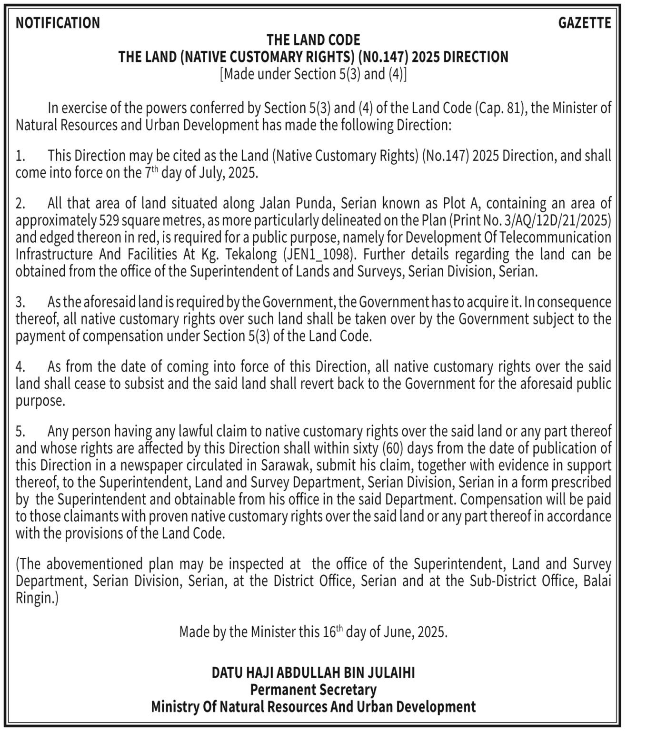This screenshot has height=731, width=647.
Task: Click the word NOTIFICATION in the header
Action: [x=58, y=23]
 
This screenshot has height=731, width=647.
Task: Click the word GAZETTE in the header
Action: [x=584, y=23]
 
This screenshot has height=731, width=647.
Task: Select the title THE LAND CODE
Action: [x=313, y=40]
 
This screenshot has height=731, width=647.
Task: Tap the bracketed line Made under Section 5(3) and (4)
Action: [x=313, y=74]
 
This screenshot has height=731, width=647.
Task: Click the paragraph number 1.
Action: [x=20, y=156]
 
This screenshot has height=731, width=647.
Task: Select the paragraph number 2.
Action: [x=20, y=204]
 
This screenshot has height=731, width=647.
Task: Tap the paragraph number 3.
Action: [x=20, y=302]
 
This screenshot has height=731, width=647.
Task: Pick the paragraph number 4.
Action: [x=20, y=367]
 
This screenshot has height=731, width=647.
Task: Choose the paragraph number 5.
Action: [x=20, y=432]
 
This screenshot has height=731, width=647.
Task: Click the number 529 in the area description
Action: [x=109, y=220]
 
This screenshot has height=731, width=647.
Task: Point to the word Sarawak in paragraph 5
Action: [x=285, y=465]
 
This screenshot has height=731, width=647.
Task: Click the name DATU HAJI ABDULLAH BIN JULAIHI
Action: [x=313, y=672]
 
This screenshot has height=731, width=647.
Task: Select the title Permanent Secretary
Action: [x=313, y=690]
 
